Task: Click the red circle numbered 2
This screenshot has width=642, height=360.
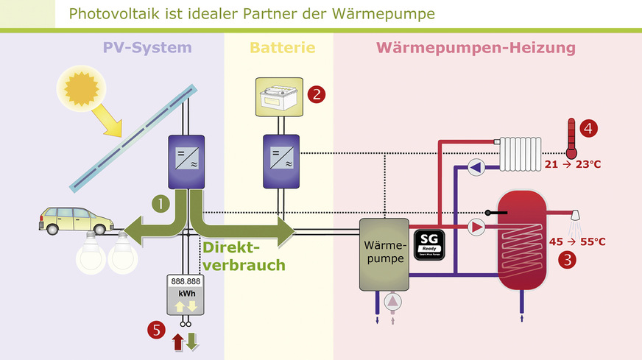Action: pos(317,93)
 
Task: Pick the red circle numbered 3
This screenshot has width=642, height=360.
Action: pos(568,259)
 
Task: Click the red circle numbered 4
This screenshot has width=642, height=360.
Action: pos(588,128)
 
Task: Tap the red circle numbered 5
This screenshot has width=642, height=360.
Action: pos(155,331)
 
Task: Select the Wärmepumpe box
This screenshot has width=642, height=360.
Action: pos(384,253)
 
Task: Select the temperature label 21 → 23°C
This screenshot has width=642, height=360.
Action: pos(573,164)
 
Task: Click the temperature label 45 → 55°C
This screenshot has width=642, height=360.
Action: pos(578,241)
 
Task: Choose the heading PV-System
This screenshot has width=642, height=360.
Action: pos(147,48)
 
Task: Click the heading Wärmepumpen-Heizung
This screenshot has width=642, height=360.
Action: pos(476,48)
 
